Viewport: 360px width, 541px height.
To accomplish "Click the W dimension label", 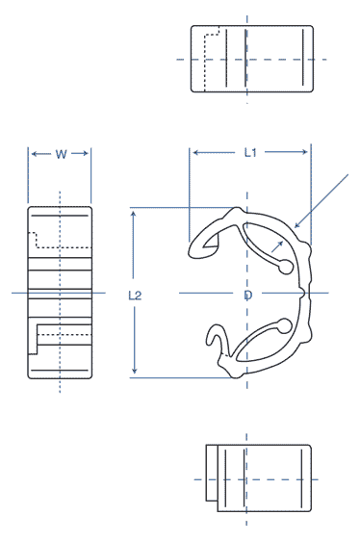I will point(60,154).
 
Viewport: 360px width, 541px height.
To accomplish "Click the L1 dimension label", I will point(249,152).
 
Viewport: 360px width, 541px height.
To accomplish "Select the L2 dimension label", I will point(136,296).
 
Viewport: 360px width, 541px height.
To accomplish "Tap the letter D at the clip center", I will point(247,295).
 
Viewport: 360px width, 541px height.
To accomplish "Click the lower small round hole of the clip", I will point(285,323).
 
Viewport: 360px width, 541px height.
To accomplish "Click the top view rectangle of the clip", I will point(253,59).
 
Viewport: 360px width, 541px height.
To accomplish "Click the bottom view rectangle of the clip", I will point(260,477).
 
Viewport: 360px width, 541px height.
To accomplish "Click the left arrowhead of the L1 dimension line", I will point(194,152).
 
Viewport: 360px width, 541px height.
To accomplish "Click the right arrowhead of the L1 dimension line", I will point(306,152).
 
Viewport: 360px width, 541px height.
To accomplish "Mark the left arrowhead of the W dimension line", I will point(32,154).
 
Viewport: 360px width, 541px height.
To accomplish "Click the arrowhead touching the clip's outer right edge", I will point(298,225).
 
